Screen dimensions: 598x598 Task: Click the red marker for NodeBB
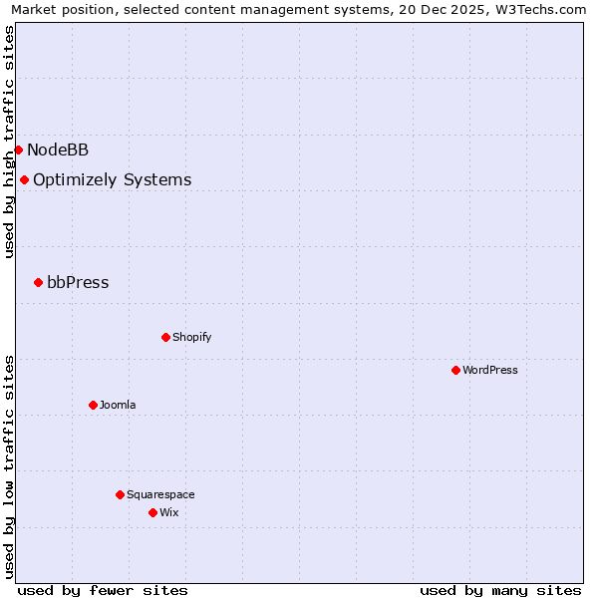[18, 149]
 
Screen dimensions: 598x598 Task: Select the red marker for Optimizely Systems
[24, 179]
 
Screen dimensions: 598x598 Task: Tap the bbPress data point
[38, 282]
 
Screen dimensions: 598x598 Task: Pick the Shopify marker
[165, 337]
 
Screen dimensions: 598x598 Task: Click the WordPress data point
[455, 370]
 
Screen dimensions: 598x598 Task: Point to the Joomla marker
[93, 405]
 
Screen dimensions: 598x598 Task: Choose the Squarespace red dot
[120, 494]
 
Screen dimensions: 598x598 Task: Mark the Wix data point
[152, 512]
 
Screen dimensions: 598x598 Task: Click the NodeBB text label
[58, 149]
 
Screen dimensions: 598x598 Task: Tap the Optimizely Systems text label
[112, 179]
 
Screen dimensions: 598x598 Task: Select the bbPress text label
[78, 282]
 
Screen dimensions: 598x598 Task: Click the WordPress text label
[489, 370]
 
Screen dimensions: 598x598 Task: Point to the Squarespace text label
[160, 494]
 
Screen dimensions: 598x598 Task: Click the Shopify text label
[191, 337]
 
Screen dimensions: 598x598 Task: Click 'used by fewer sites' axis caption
[103, 590]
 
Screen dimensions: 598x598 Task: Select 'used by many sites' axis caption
[500, 590]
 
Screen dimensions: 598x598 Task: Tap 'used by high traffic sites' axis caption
[10, 142]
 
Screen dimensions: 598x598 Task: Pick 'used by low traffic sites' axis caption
[10, 465]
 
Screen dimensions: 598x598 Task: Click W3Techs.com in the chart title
[541, 10]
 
